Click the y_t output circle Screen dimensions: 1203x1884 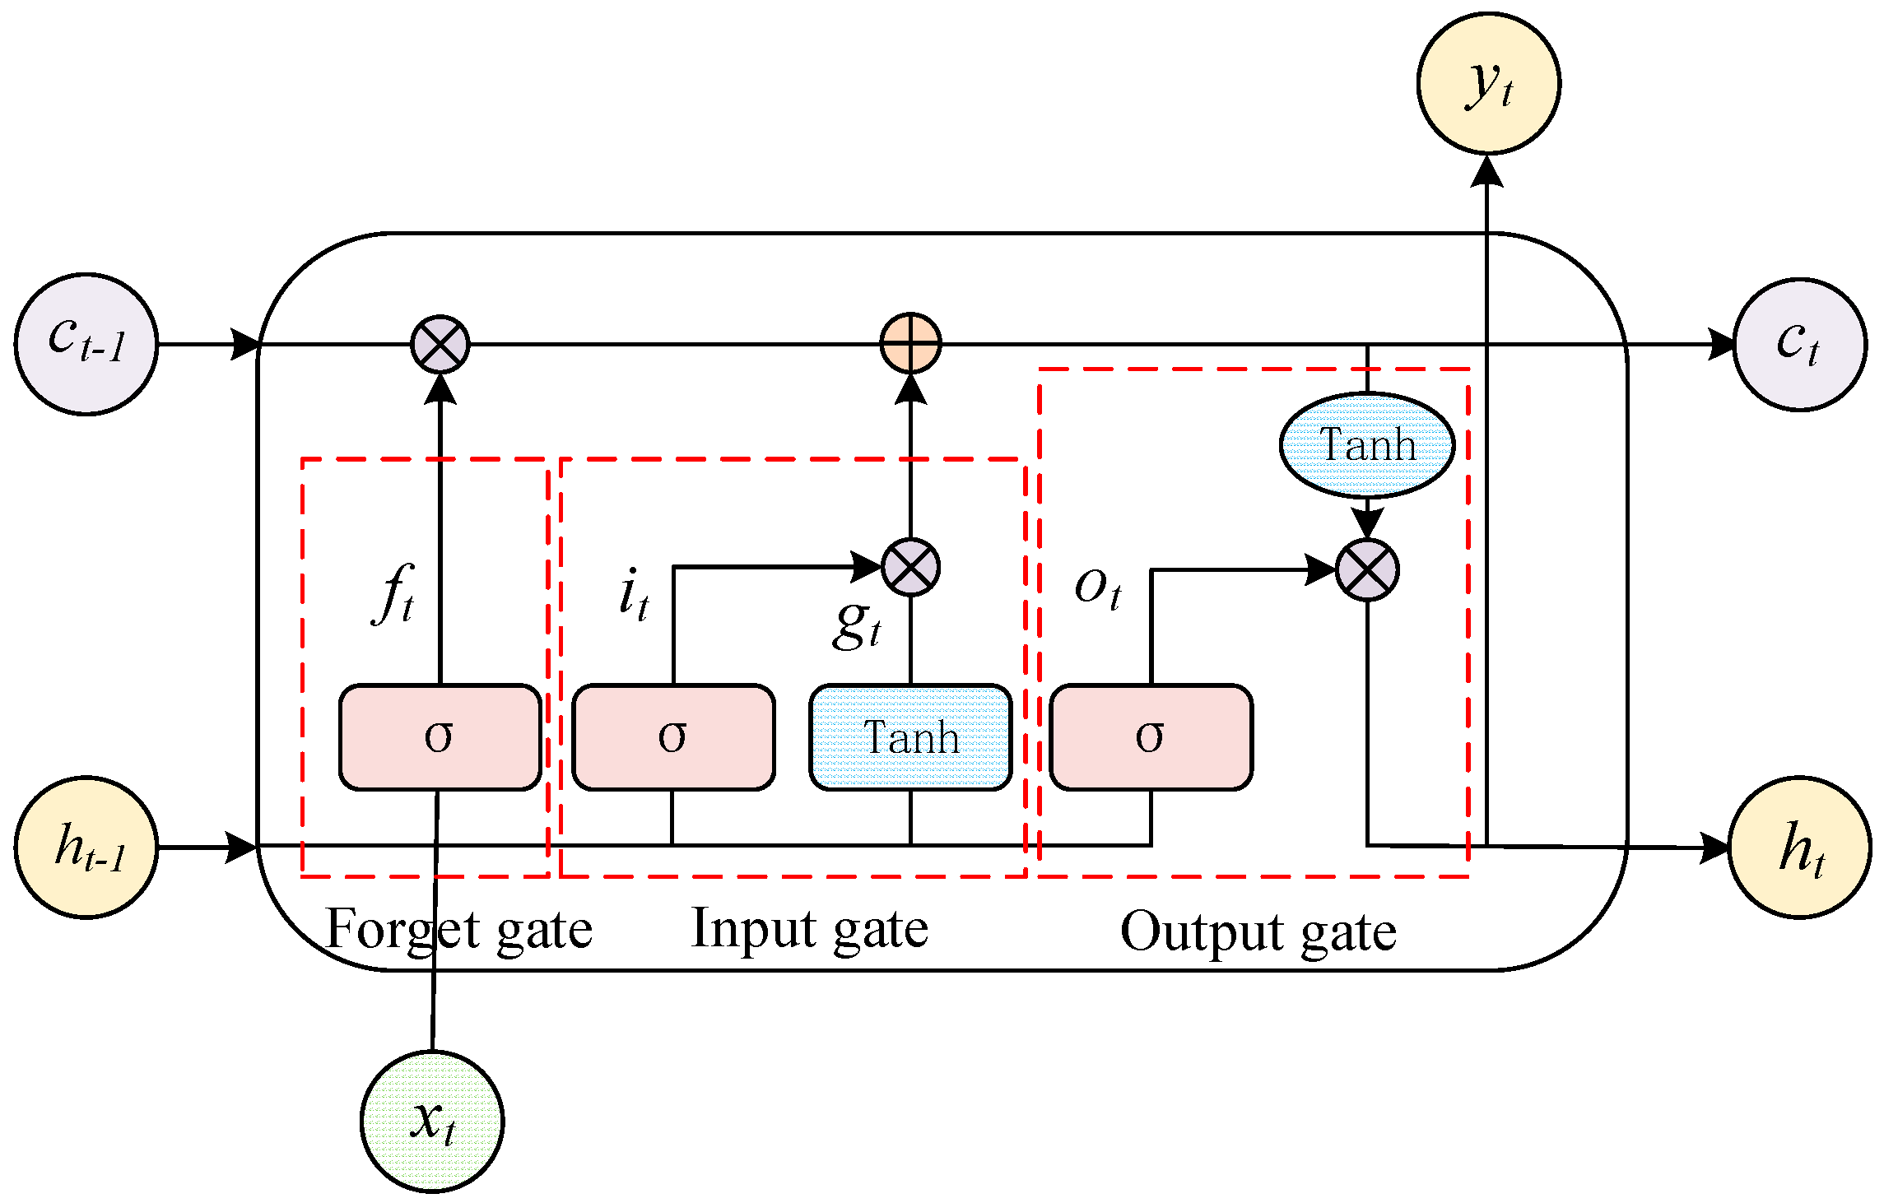coord(1488,83)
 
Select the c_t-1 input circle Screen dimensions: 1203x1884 coord(86,344)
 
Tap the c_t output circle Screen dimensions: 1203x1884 coord(1799,344)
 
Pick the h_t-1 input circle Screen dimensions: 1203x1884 coord(86,847)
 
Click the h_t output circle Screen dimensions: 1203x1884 coord(1799,847)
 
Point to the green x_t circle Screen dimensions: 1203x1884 coord(432,1121)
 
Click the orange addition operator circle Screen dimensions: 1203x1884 coord(910,343)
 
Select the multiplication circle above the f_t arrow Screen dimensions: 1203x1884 coord(440,344)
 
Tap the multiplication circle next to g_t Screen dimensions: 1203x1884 coord(910,567)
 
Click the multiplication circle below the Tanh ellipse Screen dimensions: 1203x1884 coord(1366,569)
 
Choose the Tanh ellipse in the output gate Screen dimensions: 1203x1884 coord(1366,445)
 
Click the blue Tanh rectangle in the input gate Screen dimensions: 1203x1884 coord(910,737)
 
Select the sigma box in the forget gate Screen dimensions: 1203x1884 coord(440,737)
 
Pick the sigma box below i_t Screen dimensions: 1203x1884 coord(673,737)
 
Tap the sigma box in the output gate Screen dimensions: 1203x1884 coord(1151,737)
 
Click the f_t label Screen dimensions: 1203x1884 coord(394,595)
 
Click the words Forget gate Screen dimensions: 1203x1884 coord(459,930)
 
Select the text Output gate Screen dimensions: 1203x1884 coord(1258,931)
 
